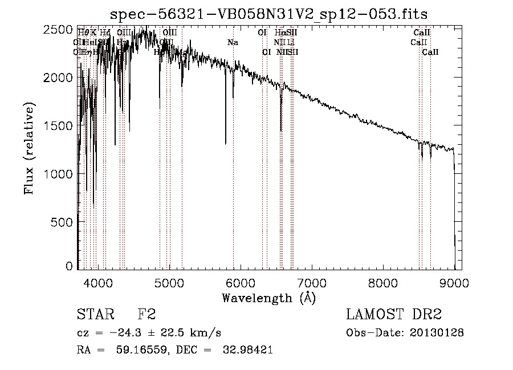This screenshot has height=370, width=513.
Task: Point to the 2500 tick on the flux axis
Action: [59, 30]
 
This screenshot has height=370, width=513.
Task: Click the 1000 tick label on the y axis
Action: [59, 173]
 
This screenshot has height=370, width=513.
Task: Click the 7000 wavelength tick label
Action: [312, 282]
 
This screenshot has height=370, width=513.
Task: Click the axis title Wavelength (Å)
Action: [268, 298]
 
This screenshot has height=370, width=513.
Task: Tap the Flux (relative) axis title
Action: [29, 149]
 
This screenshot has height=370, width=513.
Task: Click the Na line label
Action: [233, 43]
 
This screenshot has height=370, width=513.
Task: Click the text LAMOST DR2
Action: [394, 315]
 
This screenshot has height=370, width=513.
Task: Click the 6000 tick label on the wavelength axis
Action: [241, 282]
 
